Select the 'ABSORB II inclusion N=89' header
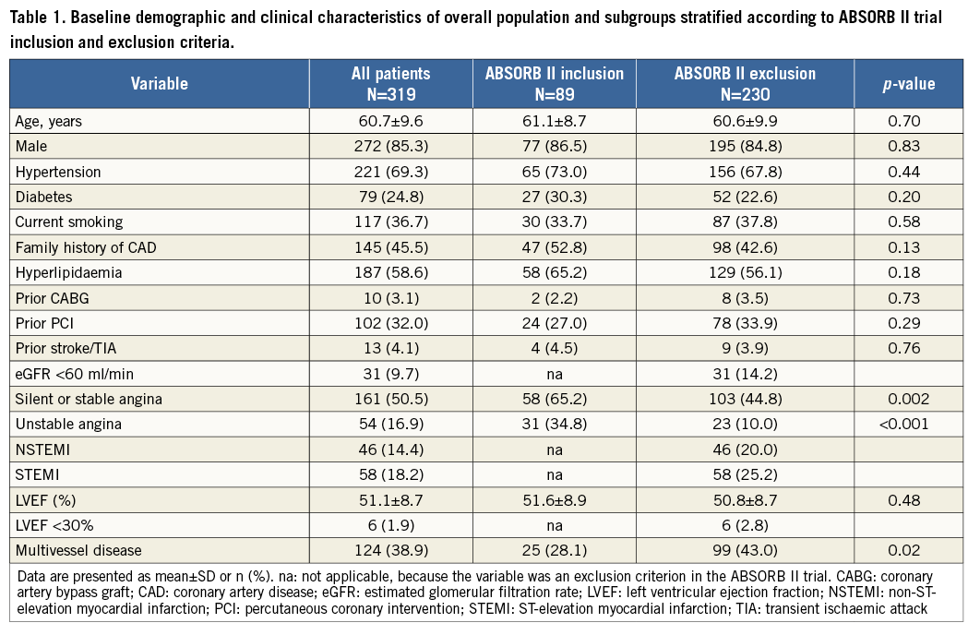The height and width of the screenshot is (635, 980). click(x=554, y=84)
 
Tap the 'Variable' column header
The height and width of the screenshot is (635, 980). click(x=159, y=84)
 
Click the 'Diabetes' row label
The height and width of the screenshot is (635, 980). click(x=44, y=196)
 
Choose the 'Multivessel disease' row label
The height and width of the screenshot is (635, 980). click(x=78, y=551)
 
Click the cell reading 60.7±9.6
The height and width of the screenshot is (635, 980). click(x=391, y=121)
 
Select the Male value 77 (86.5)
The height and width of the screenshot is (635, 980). click(x=554, y=146)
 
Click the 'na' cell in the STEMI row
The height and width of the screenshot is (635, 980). click(x=554, y=474)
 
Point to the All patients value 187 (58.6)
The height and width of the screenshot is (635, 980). click(x=391, y=273)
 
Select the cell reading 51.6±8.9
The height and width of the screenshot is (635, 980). click(x=554, y=500)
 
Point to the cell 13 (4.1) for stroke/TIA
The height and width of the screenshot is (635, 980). click(x=391, y=349)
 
